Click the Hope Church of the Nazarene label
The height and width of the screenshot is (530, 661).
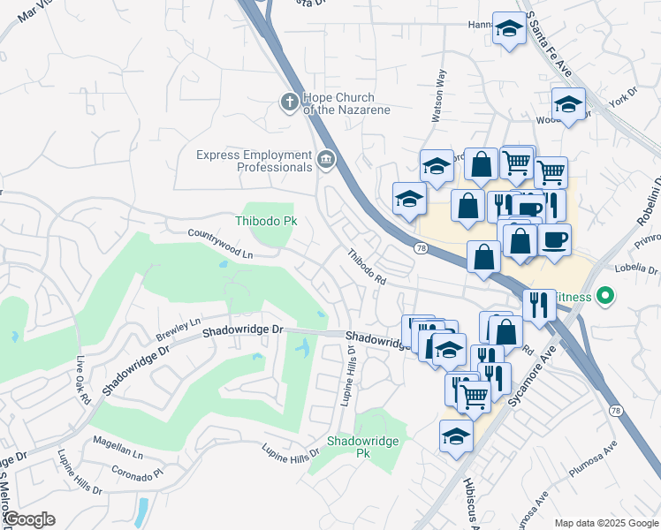pyautogui.click(x=346, y=103)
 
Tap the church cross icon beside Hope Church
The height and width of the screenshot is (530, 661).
pyautogui.click(x=289, y=102)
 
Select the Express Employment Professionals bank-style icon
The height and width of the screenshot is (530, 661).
pyautogui.click(x=325, y=161)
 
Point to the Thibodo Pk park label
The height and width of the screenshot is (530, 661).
pyautogui.click(x=264, y=221)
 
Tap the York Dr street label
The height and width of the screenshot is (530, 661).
pyautogui.click(x=628, y=94)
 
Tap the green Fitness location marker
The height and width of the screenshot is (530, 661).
pyautogui.click(x=605, y=296)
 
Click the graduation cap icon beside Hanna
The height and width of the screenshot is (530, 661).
pyautogui.click(x=509, y=29)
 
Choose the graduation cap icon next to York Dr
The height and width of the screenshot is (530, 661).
pyautogui.click(x=568, y=104)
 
